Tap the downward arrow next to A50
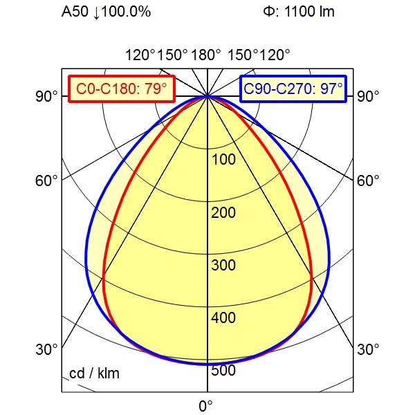pos(93,12)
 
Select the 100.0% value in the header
pos(124,12)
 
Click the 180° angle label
pos(206,55)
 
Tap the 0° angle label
pos(206,405)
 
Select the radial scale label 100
pos(223,160)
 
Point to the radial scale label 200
pos(223,212)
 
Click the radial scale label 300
pos(223,266)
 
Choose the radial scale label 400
pos(223,318)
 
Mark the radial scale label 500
pos(223,371)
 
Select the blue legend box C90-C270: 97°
pos(294,89)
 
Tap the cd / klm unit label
pos(95,374)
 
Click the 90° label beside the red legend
pos(47,96)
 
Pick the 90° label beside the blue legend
pos(369,96)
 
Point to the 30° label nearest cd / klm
pos(47,349)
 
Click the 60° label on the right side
pos(369,181)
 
